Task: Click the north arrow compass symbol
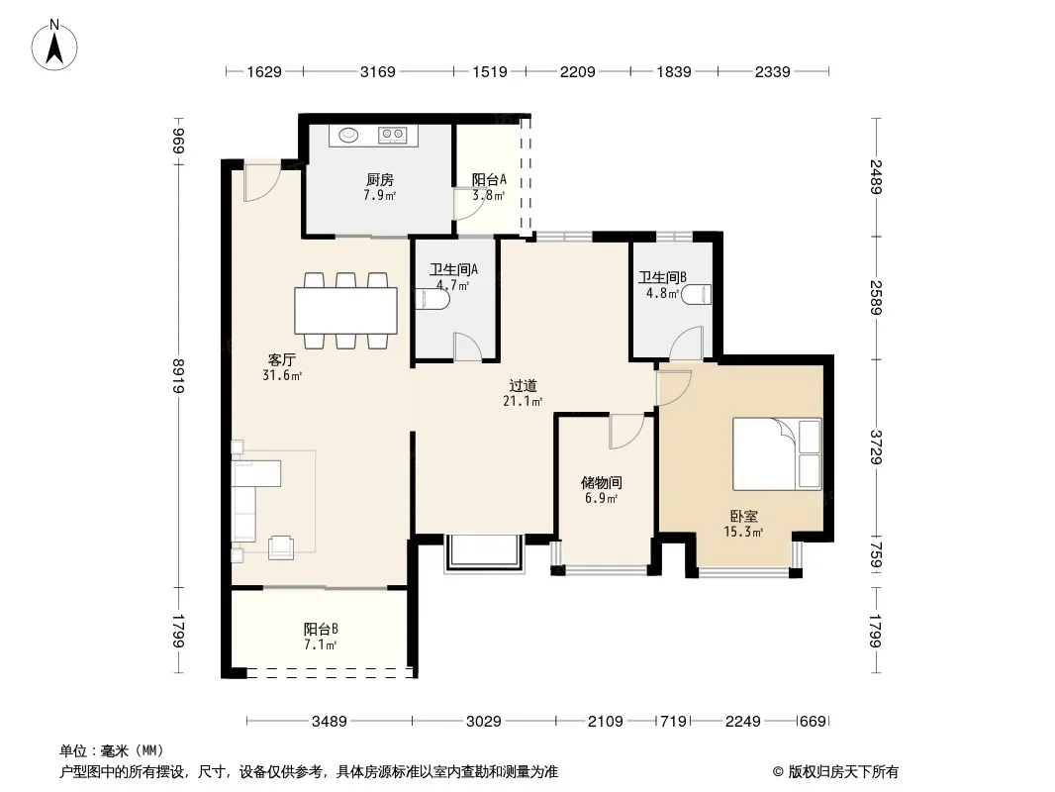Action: (x=54, y=46)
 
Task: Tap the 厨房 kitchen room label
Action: (x=379, y=179)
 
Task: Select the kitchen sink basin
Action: (x=348, y=136)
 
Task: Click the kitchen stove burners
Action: (x=393, y=136)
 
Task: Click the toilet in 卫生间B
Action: (x=696, y=295)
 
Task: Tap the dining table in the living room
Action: (x=345, y=310)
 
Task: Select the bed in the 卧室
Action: (x=777, y=453)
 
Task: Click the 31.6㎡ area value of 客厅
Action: (x=282, y=375)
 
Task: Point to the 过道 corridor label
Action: (x=523, y=385)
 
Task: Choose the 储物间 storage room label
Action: (x=601, y=482)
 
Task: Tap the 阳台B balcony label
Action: (x=321, y=630)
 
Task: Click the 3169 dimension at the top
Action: (x=377, y=71)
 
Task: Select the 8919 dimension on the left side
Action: (x=178, y=376)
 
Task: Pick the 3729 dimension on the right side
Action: (x=875, y=446)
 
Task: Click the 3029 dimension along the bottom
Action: (x=483, y=722)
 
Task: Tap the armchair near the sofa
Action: (x=281, y=547)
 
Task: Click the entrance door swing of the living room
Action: (x=261, y=182)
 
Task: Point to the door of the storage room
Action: (x=626, y=432)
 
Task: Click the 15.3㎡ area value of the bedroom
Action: (x=743, y=533)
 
